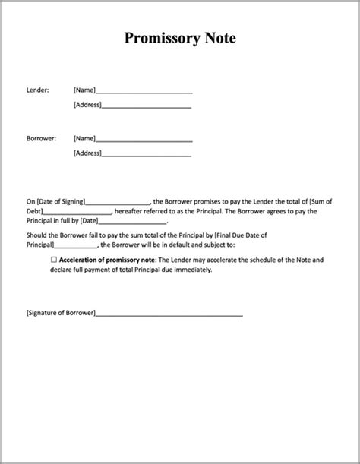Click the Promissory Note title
[x=180, y=38]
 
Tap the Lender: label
[x=37, y=90]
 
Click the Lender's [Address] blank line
[x=147, y=105]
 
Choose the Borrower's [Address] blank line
[x=147, y=153]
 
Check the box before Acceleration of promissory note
[x=54, y=260]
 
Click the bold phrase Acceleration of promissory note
[x=107, y=260]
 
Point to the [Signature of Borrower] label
[x=61, y=313]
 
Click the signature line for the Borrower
[x=169, y=314]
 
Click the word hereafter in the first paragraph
[x=131, y=211]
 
